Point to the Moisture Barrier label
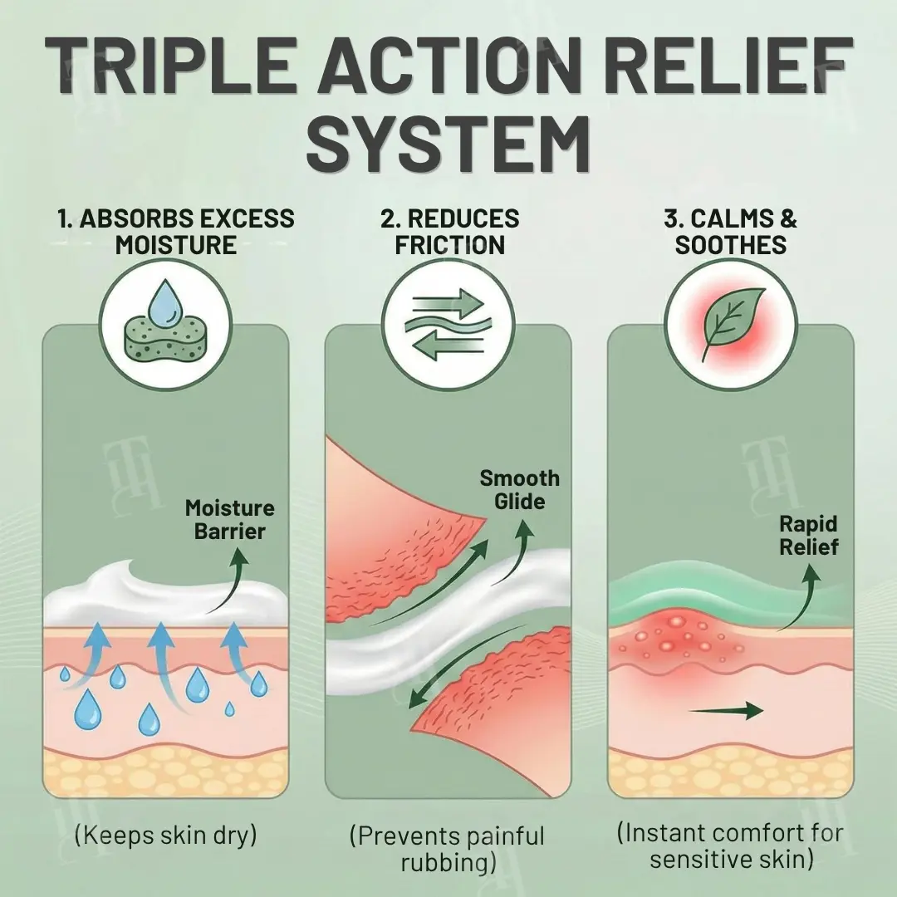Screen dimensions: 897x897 (x=229, y=519)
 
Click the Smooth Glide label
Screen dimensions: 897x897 (x=520, y=490)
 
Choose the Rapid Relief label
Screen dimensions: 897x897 (x=808, y=536)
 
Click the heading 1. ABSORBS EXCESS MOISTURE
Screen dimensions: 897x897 (x=175, y=232)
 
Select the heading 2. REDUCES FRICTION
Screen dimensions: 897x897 (x=449, y=232)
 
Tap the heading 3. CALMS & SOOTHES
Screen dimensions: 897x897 (x=730, y=232)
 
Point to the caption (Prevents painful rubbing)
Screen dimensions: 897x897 (x=448, y=848)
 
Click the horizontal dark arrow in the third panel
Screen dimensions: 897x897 (x=727, y=710)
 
